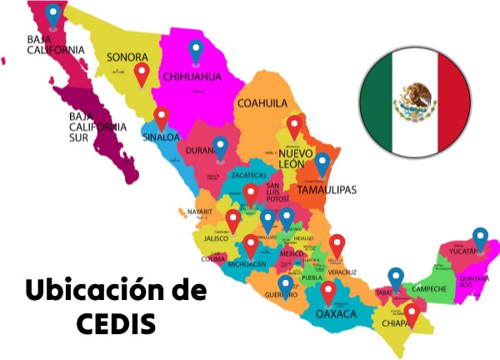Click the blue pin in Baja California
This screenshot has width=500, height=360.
pos(53,14)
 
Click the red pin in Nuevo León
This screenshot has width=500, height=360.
pos(293,127)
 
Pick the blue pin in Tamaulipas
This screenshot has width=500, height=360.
pos(322,163)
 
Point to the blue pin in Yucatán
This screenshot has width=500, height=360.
pos(479,237)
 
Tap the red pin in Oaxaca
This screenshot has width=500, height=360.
pos(328,292)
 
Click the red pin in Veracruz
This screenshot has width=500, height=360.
pos(337,245)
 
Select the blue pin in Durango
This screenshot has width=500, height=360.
pos(220,147)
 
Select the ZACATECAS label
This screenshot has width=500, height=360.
pos(248,176)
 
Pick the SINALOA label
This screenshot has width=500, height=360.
pos(161,136)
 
